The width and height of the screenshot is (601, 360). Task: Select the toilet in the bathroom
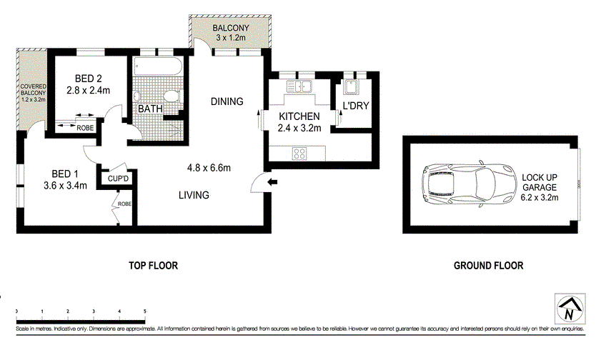point(170,97)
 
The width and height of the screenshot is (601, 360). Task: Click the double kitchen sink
point(300,87)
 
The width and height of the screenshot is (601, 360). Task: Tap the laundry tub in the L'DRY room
point(350,87)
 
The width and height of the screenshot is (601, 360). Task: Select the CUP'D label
point(118,179)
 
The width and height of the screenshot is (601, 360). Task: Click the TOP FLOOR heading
point(153,266)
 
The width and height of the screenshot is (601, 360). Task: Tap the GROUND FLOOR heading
point(488,266)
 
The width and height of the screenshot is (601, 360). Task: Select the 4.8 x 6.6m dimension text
point(209,168)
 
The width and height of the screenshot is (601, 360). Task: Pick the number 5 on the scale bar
point(145,311)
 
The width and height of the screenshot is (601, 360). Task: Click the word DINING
point(227,101)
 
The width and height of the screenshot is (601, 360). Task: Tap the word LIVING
point(194,195)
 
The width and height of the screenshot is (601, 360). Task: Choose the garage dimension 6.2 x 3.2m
point(540,196)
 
